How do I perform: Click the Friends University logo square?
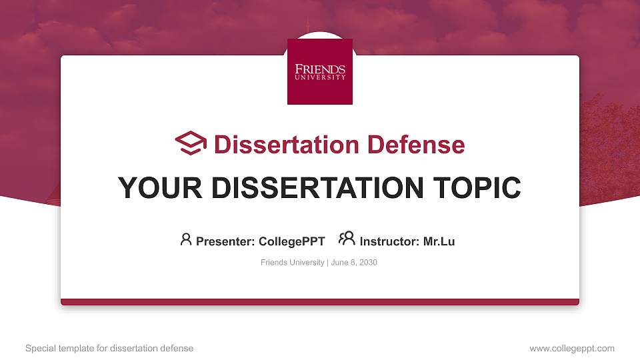[320, 71]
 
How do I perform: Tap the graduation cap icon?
[191, 143]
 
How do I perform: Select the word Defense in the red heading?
[416, 145]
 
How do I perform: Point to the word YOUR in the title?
[160, 188]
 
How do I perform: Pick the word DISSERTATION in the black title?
[317, 188]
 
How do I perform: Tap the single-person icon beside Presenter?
[186, 239]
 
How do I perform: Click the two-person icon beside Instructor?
[347, 238]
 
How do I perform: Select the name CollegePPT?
[292, 241]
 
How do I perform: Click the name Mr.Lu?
[439, 241]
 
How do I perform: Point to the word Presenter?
[225, 241]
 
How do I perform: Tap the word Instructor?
[389, 241]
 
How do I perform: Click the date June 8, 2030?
[354, 263]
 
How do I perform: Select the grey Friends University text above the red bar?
[292, 263]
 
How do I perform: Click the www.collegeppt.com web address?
[572, 349]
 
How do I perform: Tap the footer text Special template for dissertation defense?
[109, 348]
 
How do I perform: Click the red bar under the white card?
[320, 302]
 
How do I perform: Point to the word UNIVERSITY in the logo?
[320, 77]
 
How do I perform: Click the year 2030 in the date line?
[368, 263]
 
